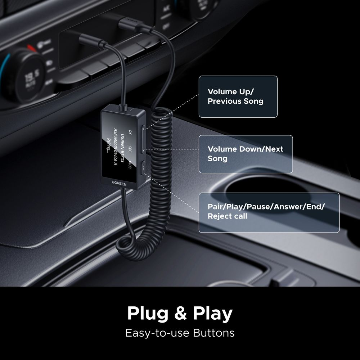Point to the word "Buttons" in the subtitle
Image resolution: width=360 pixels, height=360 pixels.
click(213, 333)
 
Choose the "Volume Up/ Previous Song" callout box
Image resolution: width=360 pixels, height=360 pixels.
click(238, 96)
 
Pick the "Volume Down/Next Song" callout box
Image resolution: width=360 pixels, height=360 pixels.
click(246, 154)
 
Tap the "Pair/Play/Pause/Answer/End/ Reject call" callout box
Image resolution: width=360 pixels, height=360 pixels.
click(269, 212)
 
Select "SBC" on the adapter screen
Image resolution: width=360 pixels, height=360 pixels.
click(130, 150)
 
